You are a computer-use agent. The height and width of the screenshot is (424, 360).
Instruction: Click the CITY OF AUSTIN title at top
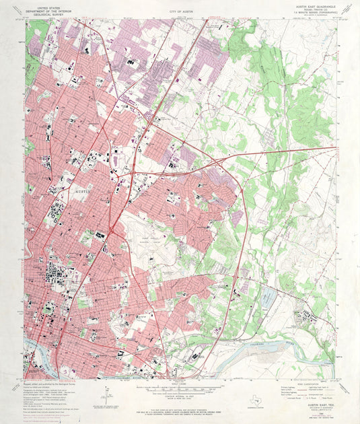(x=180, y=12)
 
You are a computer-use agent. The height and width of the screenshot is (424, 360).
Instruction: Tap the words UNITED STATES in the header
(x=50, y=5)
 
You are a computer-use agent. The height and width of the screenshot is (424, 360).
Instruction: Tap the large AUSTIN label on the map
(x=81, y=192)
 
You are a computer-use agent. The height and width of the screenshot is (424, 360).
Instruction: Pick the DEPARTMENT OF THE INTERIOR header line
(x=50, y=9)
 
